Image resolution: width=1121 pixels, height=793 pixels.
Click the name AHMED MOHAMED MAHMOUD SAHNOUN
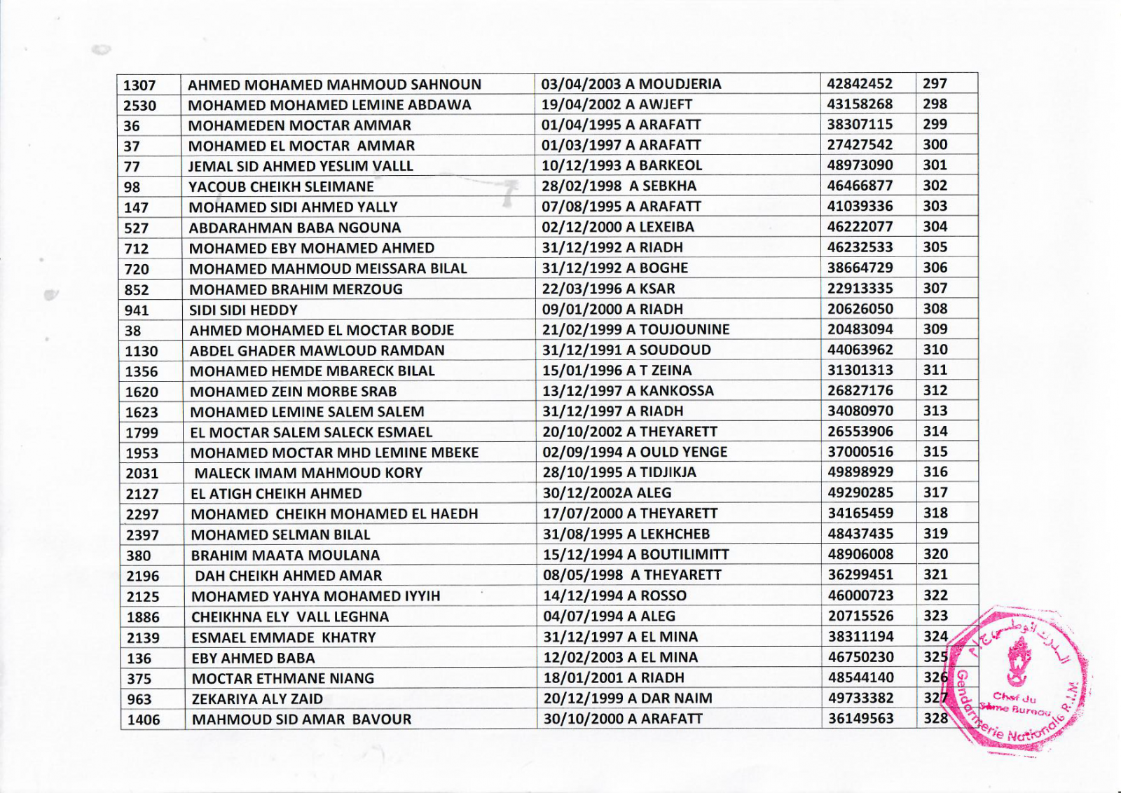coord(334,85)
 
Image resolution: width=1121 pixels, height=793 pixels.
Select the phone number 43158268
coord(860,104)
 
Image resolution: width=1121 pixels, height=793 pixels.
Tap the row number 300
coord(935,145)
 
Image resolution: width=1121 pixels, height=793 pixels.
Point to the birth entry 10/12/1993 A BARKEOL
coord(621,165)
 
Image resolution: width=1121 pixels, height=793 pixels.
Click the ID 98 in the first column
coord(132,187)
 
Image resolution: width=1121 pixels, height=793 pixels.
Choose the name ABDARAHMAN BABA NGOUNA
coord(294,228)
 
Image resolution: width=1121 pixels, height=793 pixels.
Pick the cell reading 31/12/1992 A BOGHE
coord(614,268)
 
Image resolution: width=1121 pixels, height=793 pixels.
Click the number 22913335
coord(860,288)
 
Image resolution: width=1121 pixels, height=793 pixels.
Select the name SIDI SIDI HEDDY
coord(243,310)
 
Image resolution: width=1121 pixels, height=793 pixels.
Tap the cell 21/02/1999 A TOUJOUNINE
coord(635,329)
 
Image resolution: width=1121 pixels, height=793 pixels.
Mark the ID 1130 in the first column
coord(142,351)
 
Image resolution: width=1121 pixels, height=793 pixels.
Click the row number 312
coord(935,390)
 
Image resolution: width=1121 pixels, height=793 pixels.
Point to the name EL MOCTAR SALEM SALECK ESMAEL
coord(311,432)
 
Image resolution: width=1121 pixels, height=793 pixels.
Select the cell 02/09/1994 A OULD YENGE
coord(635,452)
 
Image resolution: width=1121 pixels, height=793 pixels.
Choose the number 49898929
coord(861,472)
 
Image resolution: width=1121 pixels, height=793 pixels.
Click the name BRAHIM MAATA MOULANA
coord(285,555)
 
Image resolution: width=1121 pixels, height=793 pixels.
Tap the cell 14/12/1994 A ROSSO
coord(614,595)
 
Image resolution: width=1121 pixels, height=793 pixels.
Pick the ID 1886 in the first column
coord(143,617)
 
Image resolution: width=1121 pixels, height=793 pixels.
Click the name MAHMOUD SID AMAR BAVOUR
coord(301,719)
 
